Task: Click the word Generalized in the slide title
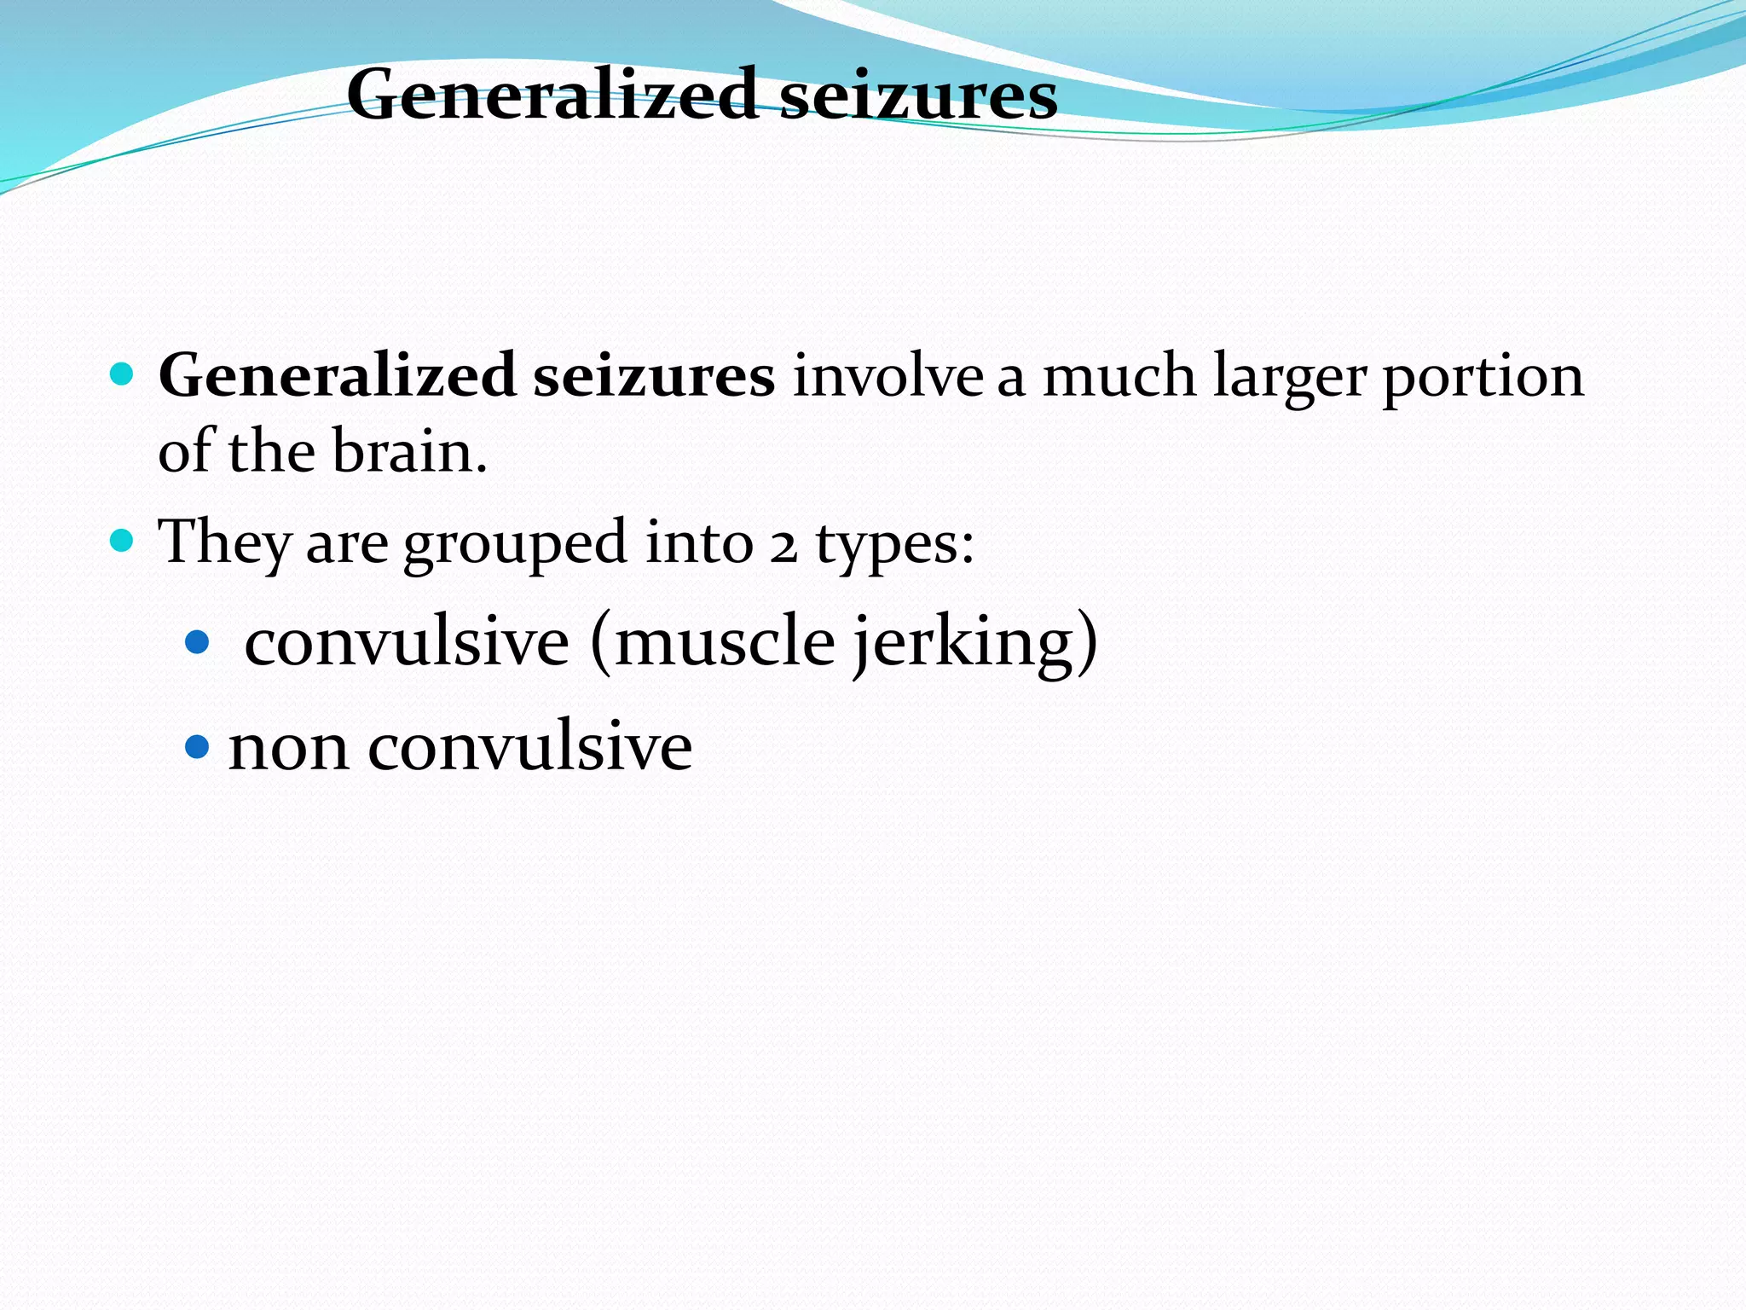point(552,95)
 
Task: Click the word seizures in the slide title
point(918,95)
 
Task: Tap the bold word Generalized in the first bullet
point(338,375)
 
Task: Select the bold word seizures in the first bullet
point(654,375)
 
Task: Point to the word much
point(1119,375)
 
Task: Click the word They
point(224,542)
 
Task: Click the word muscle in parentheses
point(723,641)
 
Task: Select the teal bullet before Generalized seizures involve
point(123,374)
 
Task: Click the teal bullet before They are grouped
point(123,541)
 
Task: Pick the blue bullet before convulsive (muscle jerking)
point(197,641)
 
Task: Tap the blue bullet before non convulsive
point(197,747)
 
